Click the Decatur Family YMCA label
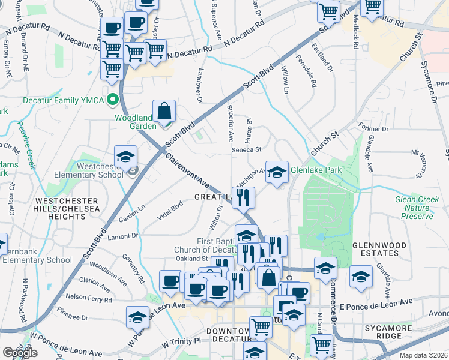click(62, 100)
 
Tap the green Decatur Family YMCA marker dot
click(111, 101)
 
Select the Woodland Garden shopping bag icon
click(164, 111)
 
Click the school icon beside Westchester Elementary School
click(126, 158)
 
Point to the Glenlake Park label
click(316, 170)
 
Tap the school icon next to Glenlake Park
click(276, 172)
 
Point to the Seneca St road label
click(249, 149)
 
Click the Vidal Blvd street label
click(170, 212)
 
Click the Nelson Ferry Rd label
click(88, 296)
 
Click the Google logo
click(20, 352)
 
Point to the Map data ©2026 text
click(423, 355)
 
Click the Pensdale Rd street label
click(306, 71)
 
